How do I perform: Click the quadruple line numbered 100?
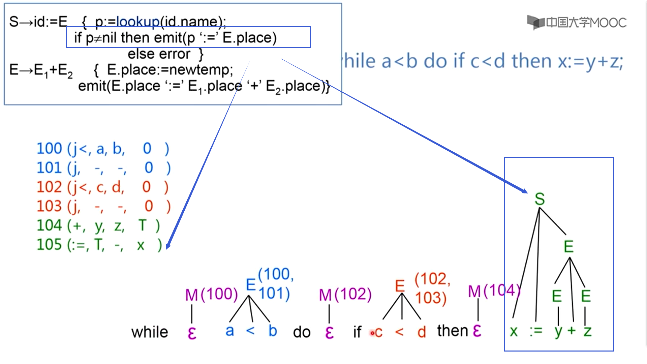[x=102, y=149]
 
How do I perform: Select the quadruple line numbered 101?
[x=103, y=168]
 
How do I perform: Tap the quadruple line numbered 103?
[x=103, y=206]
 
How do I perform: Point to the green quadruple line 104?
[x=98, y=225]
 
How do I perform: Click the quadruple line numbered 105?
[x=99, y=245]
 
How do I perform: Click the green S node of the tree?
[x=540, y=199]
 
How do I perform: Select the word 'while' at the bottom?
[x=150, y=332]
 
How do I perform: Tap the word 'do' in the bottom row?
[x=302, y=332]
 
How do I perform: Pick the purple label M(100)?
[x=211, y=295]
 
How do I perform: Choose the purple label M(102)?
[x=345, y=295]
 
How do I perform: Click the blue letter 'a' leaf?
[x=229, y=331]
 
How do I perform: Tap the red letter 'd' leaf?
[x=422, y=332]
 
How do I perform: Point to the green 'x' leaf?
[x=514, y=332]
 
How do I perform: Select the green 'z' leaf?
[x=587, y=332]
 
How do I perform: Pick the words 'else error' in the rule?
[x=159, y=54]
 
